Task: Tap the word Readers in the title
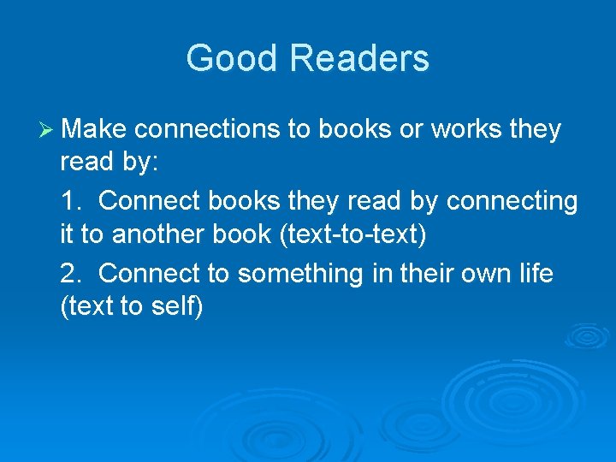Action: [x=359, y=59]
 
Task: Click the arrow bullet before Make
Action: [x=46, y=129]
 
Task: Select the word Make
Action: [x=94, y=129]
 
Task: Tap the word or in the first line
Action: [x=410, y=129]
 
